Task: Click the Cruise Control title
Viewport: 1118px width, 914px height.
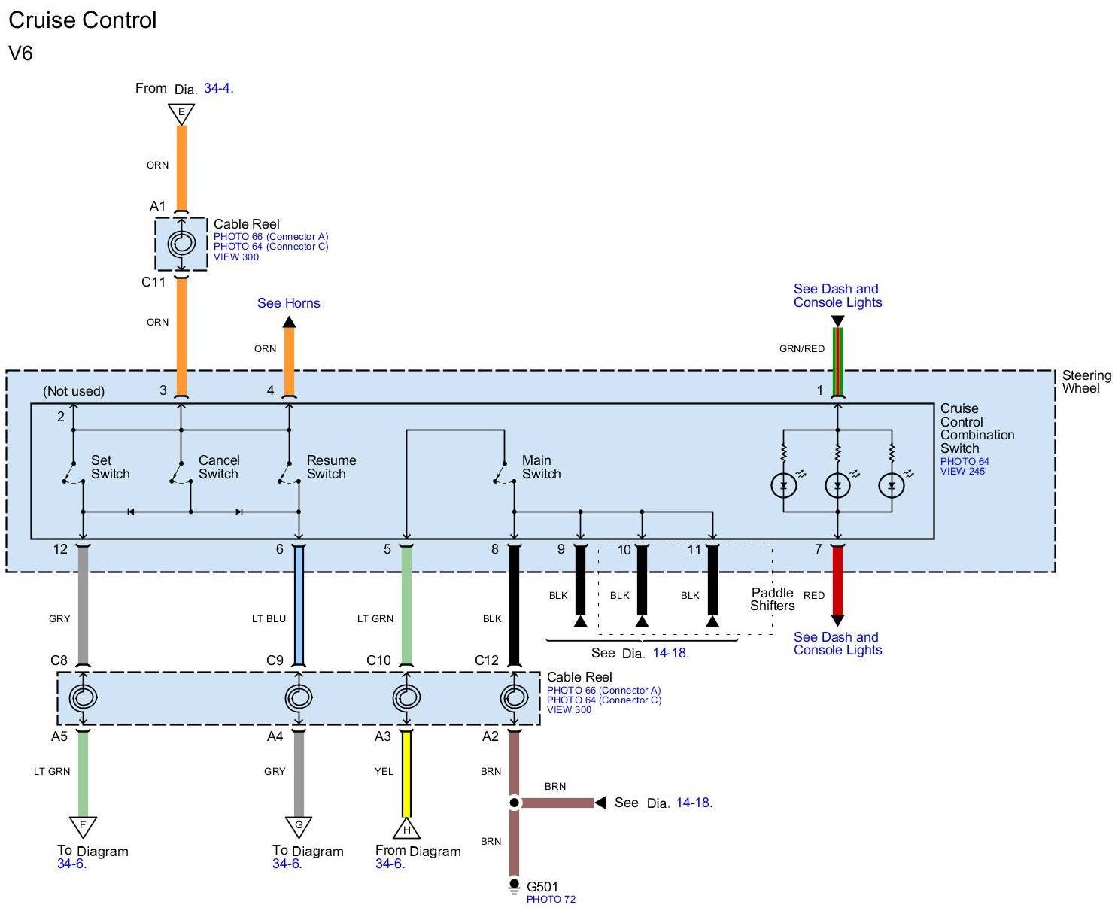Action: point(82,20)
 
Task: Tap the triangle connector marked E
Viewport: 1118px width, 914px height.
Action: point(181,114)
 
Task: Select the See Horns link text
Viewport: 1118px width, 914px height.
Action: point(288,303)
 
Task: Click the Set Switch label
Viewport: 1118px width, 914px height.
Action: point(110,467)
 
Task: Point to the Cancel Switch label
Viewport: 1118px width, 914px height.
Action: point(218,467)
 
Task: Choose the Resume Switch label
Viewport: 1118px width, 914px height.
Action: point(331,467)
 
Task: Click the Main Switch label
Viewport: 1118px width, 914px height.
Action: point(541,467)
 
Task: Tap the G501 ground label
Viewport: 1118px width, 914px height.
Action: point(542,887)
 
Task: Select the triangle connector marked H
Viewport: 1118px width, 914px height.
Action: point(406,829)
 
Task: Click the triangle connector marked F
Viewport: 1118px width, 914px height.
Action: point(83,826)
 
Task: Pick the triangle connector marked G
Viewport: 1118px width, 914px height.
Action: point(299,826)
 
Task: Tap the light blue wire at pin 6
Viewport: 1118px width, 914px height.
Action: point(299,606)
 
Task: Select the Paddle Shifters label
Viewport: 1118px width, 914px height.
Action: point(772,600)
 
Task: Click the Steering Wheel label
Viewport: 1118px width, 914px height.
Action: point(1086,382)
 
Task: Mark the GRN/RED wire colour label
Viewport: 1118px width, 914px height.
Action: point(801,349)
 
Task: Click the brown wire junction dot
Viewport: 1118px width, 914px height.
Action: point(514,803)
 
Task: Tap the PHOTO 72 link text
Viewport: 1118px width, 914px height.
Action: point(551,900)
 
